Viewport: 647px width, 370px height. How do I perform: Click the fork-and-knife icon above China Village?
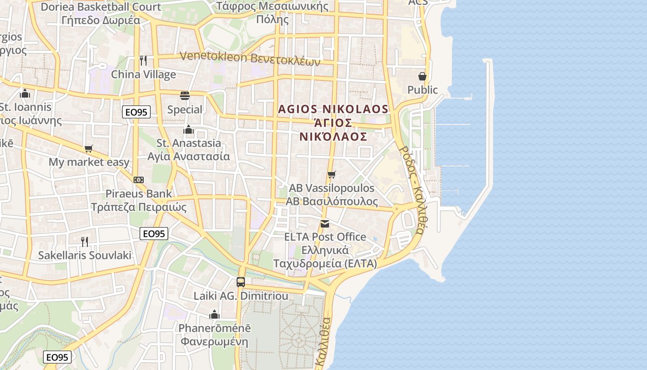coord(143,61)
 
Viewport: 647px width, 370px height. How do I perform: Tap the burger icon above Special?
coord(185,96)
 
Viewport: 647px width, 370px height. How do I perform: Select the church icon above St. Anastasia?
coord(188,129)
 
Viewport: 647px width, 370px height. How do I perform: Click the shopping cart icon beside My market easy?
coord(88,148)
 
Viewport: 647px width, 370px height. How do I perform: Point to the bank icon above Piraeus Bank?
coord(138,180)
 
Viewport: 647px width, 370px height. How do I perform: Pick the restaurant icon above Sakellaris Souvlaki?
coord(85,241)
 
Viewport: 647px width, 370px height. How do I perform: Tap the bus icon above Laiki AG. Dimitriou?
coord(241,282)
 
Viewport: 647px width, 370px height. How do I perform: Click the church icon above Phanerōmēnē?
coord(214,314)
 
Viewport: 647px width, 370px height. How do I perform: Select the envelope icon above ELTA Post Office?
coord(325,224)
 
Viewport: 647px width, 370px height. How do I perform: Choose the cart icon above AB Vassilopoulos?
coord(331,174)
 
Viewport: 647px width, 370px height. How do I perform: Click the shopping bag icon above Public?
coord(422,76)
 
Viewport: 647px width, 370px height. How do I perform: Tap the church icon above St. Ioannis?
coord(25,94)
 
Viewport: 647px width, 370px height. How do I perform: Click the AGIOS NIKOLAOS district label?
coord(333,109)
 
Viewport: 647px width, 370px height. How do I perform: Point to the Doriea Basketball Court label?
coord(101,7)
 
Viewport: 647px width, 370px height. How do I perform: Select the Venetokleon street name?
coord(250,58)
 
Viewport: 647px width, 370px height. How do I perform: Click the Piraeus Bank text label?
coord(139,193)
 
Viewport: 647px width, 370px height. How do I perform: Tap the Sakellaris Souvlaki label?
coord(85,255)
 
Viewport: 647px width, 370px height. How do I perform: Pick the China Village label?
coord(143,74)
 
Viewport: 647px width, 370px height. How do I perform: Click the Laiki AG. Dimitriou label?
coord(241,296)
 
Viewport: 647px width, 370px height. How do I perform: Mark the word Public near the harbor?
coord(422,90)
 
